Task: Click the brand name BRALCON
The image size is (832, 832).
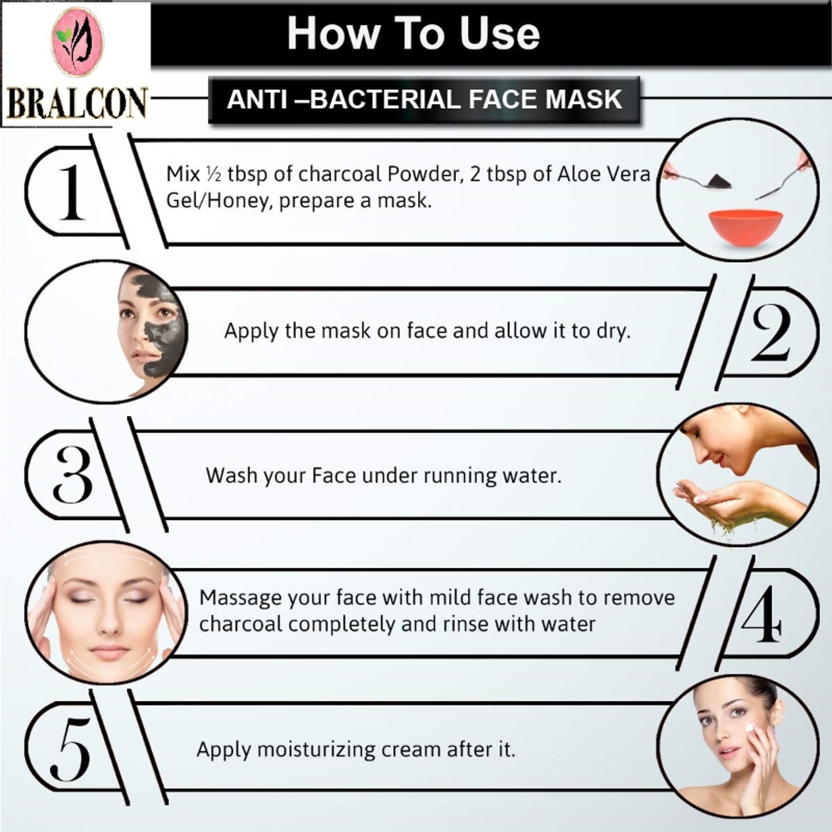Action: (77, 103)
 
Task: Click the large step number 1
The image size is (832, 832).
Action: (71, 192)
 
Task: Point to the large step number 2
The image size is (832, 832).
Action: (771, 332)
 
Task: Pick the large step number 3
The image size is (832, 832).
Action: (73, 474)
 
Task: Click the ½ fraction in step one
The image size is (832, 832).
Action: (214, 174)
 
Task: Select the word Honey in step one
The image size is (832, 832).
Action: (238, 201)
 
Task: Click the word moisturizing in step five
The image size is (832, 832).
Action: (316, 750)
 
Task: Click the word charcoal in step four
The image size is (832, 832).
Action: (241, 624)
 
